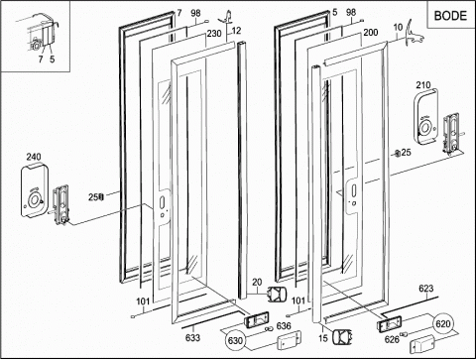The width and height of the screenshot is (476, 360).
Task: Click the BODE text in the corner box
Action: (x=450, y=16)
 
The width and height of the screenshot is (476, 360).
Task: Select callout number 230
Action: (x=214, y=34)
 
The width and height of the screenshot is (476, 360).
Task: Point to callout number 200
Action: (x=371, y=33)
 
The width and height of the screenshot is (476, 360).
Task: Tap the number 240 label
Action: (x=34, y=157)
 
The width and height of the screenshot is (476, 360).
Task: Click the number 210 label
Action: (x=423, y=85)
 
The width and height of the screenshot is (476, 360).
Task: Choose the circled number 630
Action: (x=235, y=340)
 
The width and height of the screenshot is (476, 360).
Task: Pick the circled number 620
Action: (x=443, y=323)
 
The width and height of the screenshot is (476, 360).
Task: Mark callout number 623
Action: (x=426, y=289)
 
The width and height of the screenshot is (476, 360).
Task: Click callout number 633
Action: (x=192, y=337)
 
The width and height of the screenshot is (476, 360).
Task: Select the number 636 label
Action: (x=284, y=326)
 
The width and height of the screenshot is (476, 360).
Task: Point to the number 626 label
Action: (x=392, y=339)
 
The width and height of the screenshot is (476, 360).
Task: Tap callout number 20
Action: (x=257, y=283)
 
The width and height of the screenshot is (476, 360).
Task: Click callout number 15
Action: (x=323, y=338)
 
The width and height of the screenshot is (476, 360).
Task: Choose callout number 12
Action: (x=237, y=31)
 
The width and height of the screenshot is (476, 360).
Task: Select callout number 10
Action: (x=398, y=28)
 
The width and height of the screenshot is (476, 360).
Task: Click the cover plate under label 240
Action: (x=35, y=191)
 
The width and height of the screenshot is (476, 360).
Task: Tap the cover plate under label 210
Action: (x=426, y=117)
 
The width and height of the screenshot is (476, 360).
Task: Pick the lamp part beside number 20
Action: (x=277, y=294)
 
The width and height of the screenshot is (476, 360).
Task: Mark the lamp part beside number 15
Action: (x=342, y=337)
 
